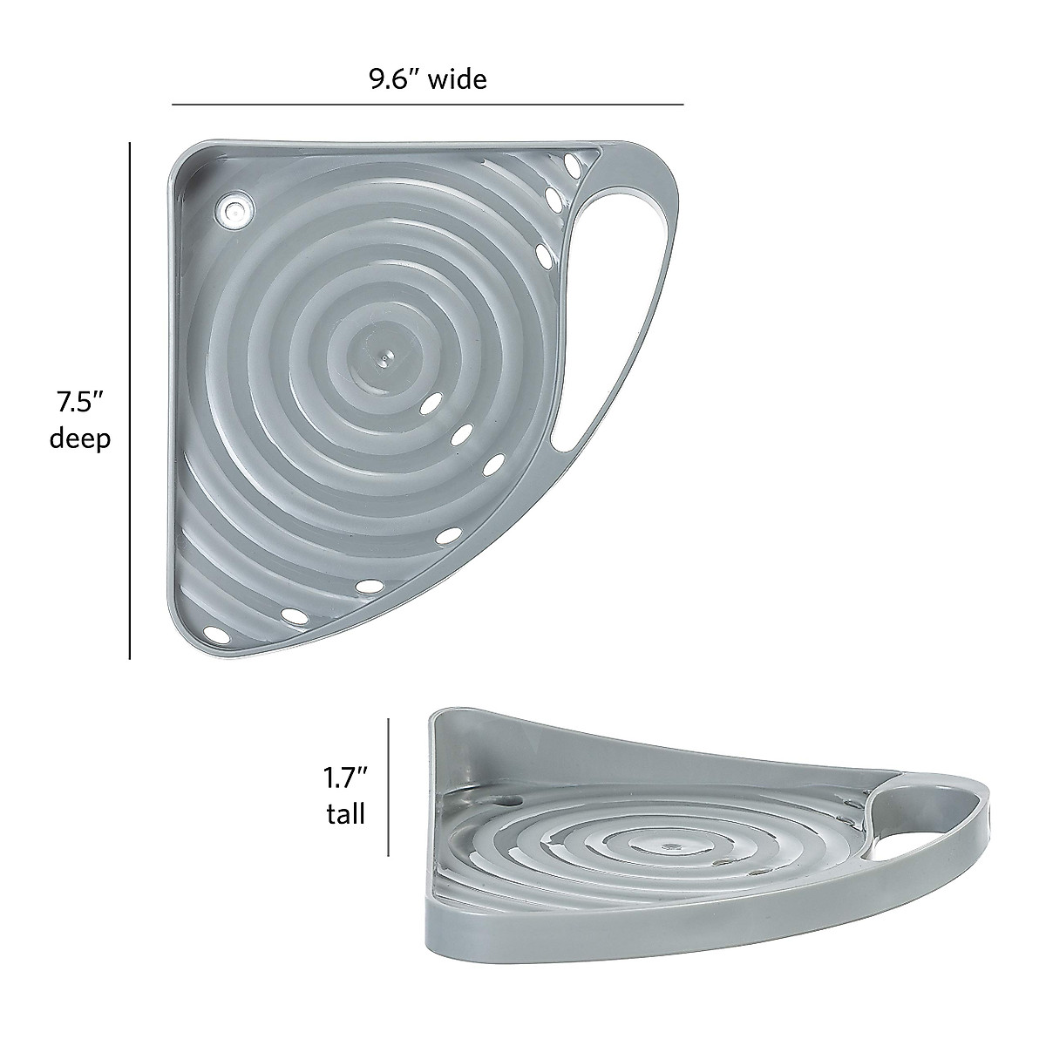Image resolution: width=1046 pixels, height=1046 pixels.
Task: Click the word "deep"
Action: click(x=80, y=438)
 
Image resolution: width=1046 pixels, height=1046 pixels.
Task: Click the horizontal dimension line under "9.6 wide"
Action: click(x=427, y=105)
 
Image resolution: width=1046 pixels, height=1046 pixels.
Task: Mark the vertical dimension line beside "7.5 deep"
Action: click(x=130, y=401)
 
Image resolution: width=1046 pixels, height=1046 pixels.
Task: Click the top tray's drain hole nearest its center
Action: click(x=430, y=404)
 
